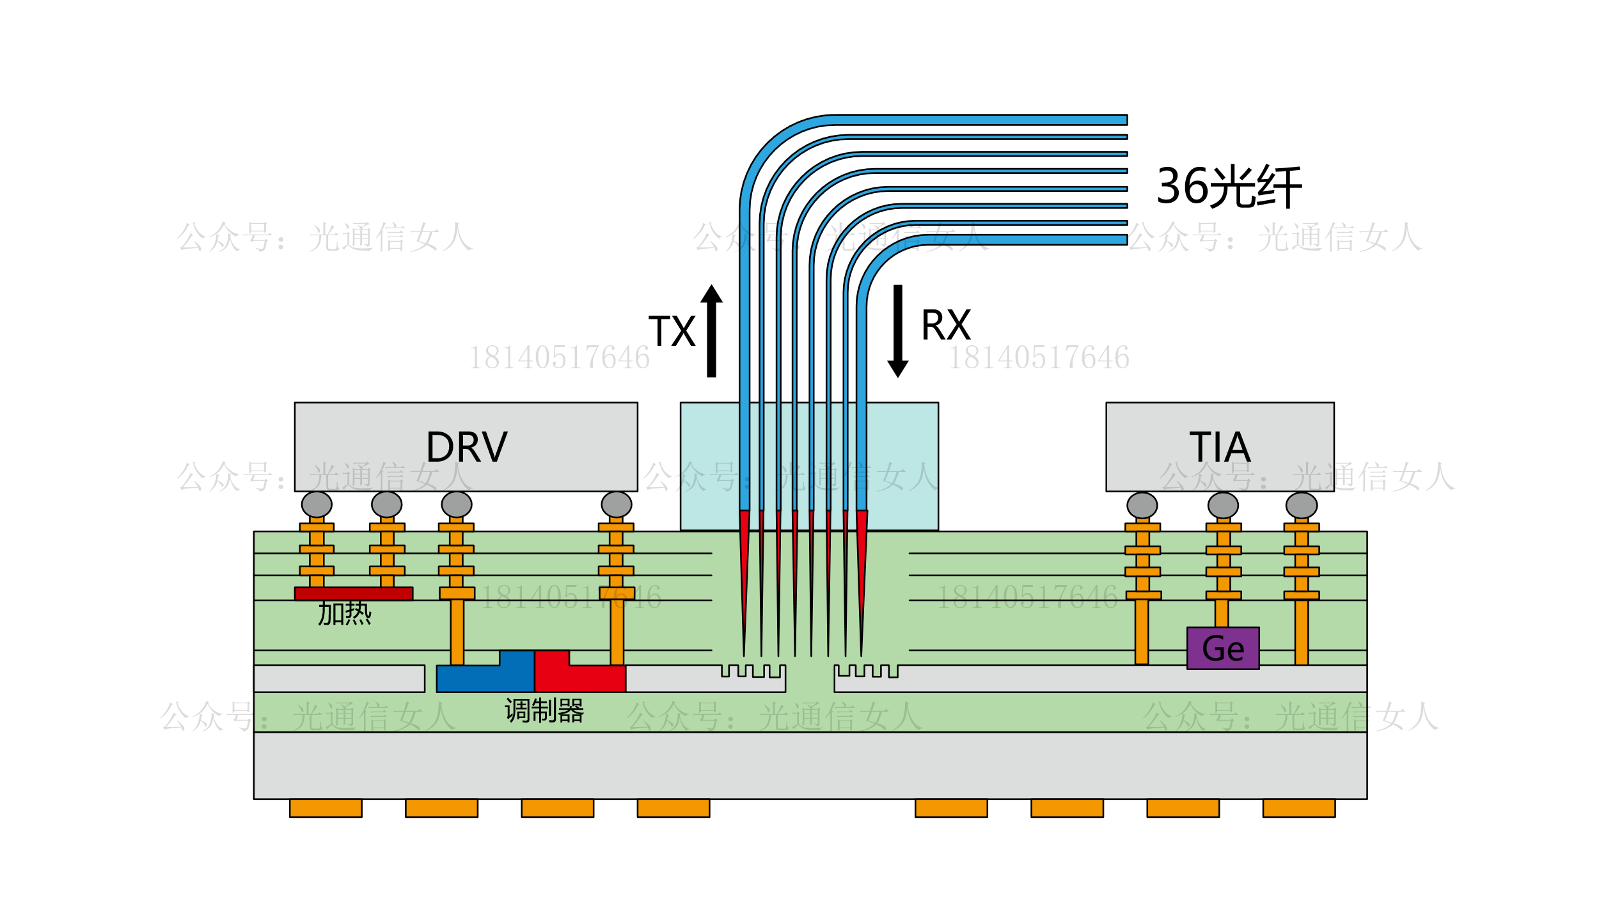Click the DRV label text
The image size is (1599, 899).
point(466,447)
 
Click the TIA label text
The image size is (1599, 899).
point(1219,447)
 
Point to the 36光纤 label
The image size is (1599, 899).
point(1229,186)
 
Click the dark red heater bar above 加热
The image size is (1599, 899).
point(354,593)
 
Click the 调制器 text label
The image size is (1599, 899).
point(544,710)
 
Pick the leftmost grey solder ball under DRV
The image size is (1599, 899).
point(317,504)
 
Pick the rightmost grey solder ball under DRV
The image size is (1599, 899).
point(617,504)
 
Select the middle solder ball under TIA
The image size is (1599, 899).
point(1223,505)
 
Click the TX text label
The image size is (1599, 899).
point(672,331)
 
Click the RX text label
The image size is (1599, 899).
point(945,325)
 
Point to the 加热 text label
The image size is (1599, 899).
point(345,613)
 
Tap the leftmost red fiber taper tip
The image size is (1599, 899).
point(744,563)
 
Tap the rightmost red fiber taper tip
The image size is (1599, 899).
point(862,563)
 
